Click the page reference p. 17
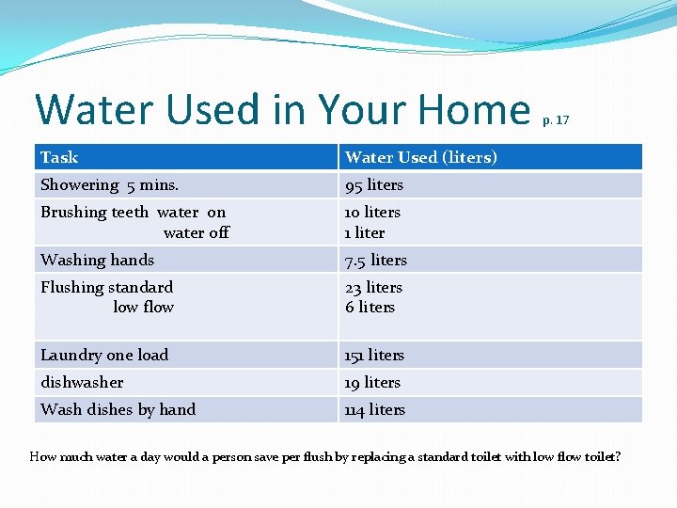tap(556, 120)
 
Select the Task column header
tap(59, 157)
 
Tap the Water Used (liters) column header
tap(420, 157)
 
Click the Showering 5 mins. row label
tap(96, 185)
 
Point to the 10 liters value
tap(372, 213)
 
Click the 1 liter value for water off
tap(365, 232)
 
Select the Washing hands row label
tap(97, 260)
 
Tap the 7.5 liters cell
tap(376, 260)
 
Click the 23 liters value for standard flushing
tap(373, 287)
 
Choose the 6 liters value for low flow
tap(370, 307)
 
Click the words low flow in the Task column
tap(143, 307)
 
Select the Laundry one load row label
tap(104, 355)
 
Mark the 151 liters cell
tap(374, 355)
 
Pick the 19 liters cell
tap(372, 382)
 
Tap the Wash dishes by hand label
tap(118, 409)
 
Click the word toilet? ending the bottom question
tap(601, 457)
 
